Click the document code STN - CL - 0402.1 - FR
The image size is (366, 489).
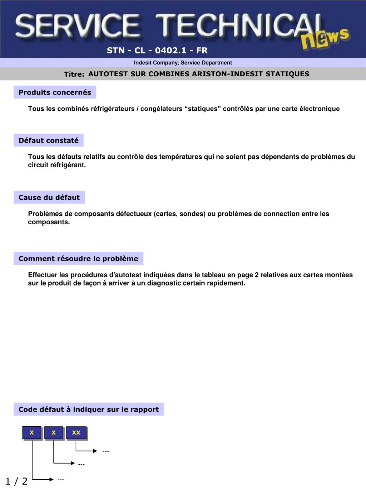[157, 51]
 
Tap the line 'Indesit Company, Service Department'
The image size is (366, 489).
[183, 63]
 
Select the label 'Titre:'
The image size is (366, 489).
[74, 74]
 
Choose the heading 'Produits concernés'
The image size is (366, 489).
[55, 92]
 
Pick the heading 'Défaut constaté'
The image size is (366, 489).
[49, 140]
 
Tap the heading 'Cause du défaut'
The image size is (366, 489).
[49, 197]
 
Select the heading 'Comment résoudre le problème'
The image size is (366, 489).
[78, 259]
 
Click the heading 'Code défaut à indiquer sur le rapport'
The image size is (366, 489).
[89, 409]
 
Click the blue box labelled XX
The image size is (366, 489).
[76, 433]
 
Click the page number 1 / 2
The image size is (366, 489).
[16, 481]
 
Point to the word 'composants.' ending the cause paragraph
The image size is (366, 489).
[49, 222]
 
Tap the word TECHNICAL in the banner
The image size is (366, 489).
[236, 26]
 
